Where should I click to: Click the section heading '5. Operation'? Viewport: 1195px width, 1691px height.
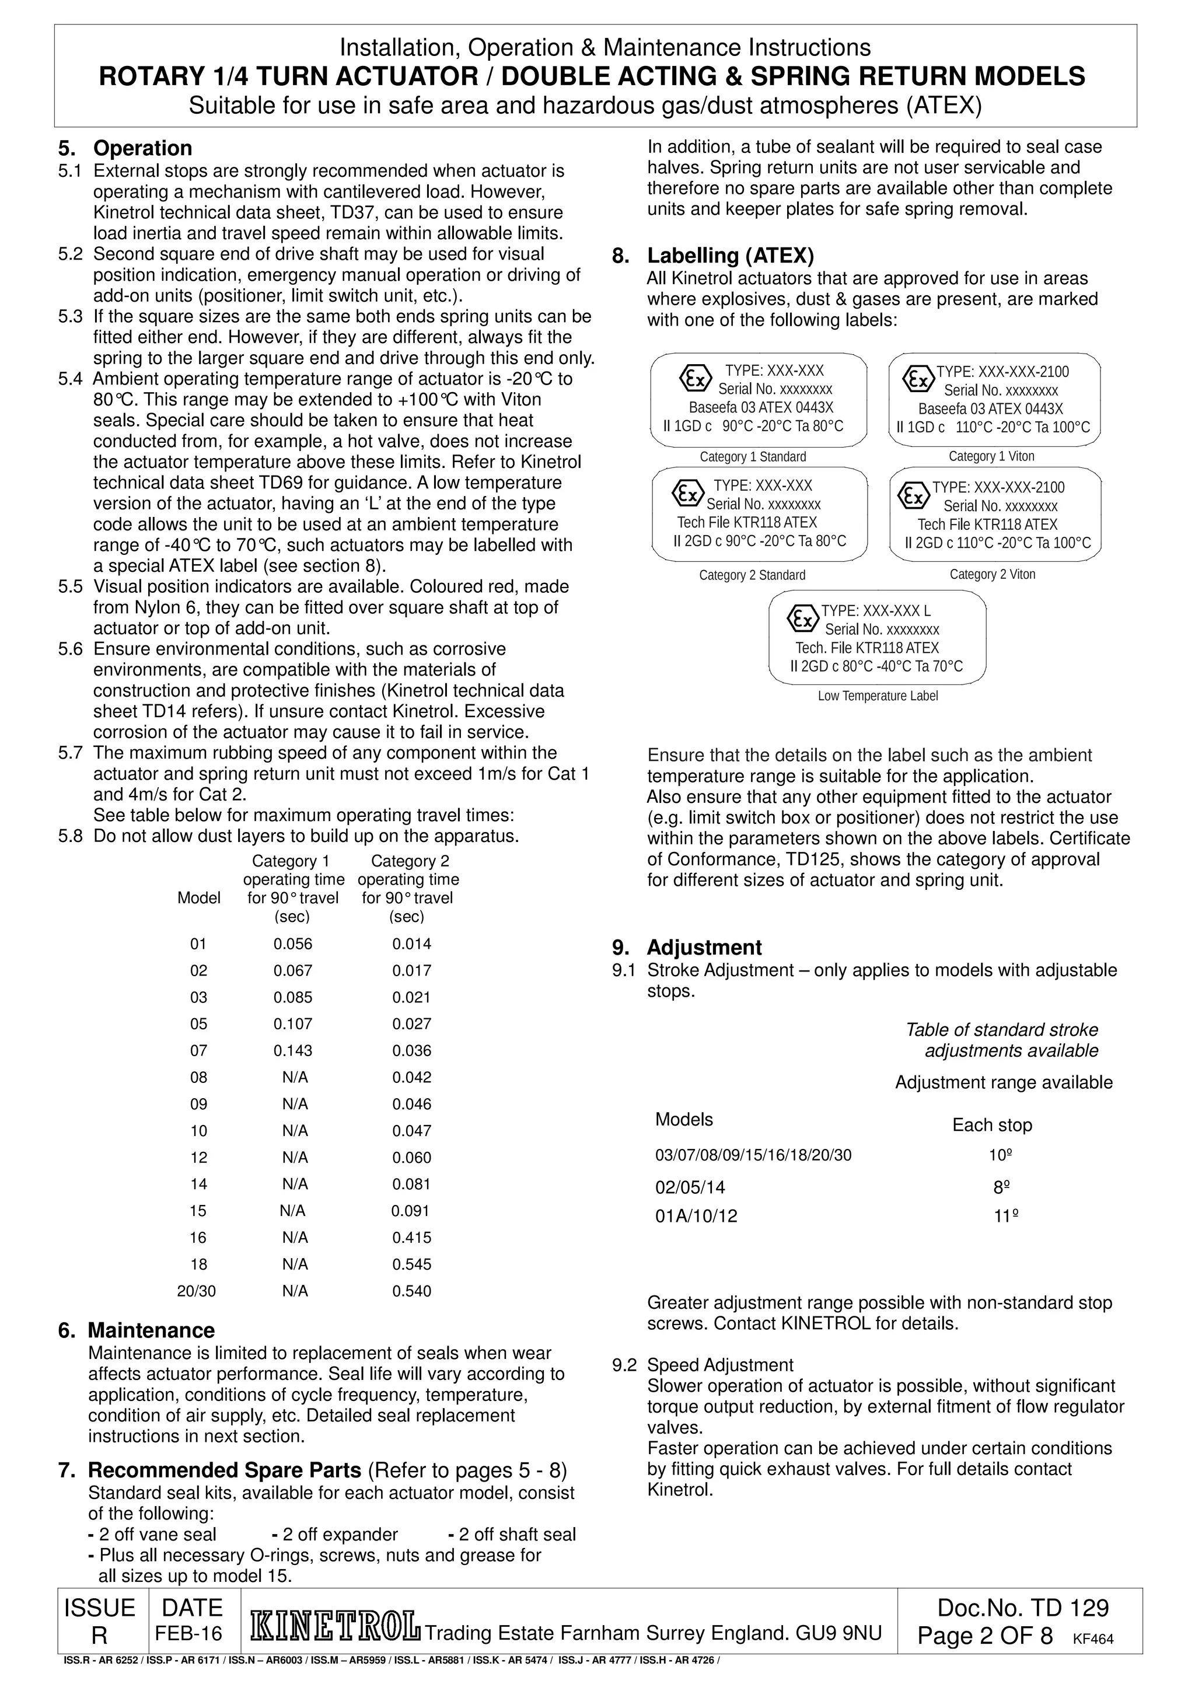coord(125,148)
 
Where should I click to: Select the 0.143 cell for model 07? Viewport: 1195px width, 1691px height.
coord(293,1050)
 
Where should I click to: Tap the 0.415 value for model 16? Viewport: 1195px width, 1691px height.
coord(411,1237)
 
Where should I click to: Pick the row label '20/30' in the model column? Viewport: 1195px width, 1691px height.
coord(197,1290)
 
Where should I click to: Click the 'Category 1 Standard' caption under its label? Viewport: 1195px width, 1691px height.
coord(753,457)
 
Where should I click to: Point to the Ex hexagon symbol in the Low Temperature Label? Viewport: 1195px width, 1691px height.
coord(802,619)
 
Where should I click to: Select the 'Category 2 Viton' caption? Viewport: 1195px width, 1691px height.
coord(992,575)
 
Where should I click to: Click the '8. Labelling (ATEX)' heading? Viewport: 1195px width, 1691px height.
coord(712,256)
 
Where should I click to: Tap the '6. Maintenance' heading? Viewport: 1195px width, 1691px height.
coord(136,1330)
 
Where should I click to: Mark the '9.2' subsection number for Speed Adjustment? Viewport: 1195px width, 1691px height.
coord(624,1365)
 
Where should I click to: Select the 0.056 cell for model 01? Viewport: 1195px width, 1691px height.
coord(293,944)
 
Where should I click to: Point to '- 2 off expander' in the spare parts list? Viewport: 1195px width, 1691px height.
coord(335,1534)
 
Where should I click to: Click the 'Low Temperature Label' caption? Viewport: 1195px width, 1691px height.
coord(878,696)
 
